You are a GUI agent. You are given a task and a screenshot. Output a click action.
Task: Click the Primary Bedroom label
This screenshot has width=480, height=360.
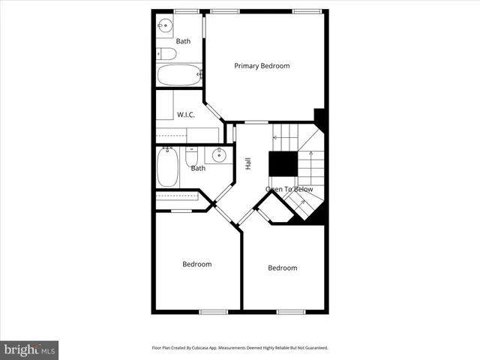[262, 66]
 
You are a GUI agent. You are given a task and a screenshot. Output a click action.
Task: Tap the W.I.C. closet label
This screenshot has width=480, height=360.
[186, 115]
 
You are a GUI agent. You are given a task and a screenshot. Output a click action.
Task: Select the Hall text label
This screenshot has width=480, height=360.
[247, 163]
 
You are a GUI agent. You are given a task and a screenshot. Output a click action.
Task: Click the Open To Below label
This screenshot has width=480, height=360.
[289, 190]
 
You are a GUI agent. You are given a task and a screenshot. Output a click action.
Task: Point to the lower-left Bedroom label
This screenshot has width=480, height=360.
[197, 264]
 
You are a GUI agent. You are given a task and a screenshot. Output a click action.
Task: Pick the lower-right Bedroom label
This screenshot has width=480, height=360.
[283, 268]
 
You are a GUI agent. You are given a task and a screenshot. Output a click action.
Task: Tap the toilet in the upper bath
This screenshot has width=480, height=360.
[166, 53]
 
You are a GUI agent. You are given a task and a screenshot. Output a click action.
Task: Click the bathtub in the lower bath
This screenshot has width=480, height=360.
[167, 168]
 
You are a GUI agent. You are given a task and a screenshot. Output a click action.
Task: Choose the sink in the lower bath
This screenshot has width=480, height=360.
[219, 155]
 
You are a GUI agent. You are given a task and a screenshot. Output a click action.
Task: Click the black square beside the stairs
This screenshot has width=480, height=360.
[283, 163]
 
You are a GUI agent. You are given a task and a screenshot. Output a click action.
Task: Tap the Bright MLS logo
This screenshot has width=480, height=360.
[30, 349]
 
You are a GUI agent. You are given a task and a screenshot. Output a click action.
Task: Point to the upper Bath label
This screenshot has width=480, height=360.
[183, 40]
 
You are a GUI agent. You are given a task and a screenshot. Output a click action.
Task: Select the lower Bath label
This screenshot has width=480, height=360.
[198, 168]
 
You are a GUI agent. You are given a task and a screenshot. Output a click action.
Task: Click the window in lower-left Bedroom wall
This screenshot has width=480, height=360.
[213, 311]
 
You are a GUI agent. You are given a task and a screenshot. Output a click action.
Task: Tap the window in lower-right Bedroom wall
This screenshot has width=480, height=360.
[290, 311]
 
